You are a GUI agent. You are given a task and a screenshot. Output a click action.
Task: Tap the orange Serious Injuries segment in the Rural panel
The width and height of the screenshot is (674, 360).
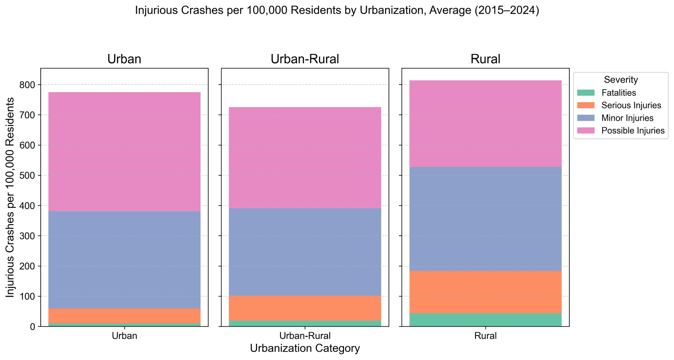pyautogui.click(x=485, y=292)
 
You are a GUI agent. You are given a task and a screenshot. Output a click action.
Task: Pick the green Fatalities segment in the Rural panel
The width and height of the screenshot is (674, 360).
pyautogui.click(x=485, y=320)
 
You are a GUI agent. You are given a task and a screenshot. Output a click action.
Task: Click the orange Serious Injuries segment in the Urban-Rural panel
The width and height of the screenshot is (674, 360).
pyautogui.click(x=305, y=308)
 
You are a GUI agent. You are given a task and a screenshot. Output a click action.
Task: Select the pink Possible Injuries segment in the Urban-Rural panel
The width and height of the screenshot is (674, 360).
pyautogui.click(x=305, y=158)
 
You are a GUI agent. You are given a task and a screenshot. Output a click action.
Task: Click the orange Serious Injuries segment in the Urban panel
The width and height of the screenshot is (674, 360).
pyautogui.click(x=124, y=316)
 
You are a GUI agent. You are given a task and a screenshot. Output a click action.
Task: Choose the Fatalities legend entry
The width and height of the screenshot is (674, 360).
pyautogui.click(x=618, y=93)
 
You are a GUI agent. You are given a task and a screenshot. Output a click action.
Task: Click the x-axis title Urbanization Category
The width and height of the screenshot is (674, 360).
pyautogui.click(x=305, y=348)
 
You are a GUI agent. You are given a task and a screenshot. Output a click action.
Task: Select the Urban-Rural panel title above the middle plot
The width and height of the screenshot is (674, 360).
pyautogui.click(x=305, y=59)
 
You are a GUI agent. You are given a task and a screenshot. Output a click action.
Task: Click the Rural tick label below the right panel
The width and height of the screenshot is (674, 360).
pyautogui.click(x=485, y=336)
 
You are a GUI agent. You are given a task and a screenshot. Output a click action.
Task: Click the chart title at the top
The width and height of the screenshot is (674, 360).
pyautogui.click(x=337, y=11)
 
